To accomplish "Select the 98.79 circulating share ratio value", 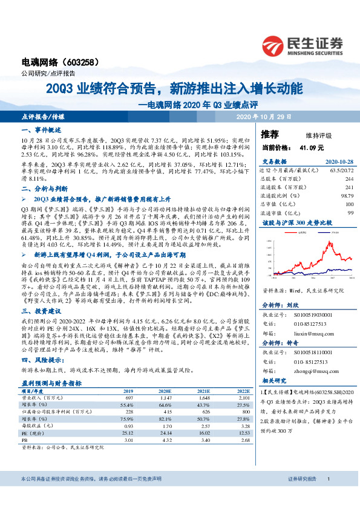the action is [x=346, y=195].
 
